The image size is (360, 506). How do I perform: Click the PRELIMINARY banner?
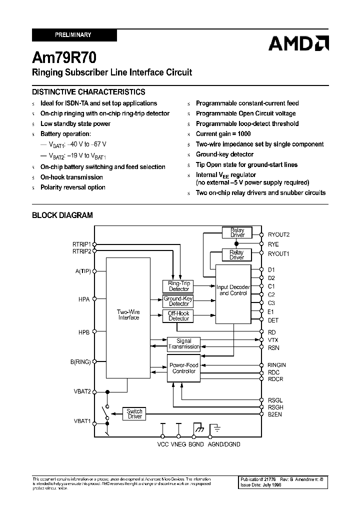point(74,35)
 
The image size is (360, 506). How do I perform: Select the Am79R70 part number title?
point(61,56)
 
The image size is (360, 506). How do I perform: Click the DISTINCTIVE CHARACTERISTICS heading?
point(88,92)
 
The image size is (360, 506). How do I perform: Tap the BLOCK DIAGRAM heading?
point(62,215)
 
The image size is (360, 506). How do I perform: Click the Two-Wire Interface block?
point(128,315)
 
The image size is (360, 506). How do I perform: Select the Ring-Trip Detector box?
point(178,286)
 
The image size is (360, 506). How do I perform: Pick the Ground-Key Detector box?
point(178,301)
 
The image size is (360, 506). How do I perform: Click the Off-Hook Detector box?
point(178,316)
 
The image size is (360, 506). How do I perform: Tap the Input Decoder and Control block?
point(233,290)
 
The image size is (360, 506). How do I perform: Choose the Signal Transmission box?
point(184,344)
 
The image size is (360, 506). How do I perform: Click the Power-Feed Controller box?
point(184,368)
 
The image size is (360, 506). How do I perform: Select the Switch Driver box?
point(134,413)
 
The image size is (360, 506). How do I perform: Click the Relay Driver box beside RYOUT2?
point(237,232)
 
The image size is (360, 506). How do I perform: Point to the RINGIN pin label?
point(277,365)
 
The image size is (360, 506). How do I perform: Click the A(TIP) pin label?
point(82,271)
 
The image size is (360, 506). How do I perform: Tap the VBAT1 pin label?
point(82,421)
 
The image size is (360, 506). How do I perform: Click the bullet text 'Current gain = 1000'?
point(223,134)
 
